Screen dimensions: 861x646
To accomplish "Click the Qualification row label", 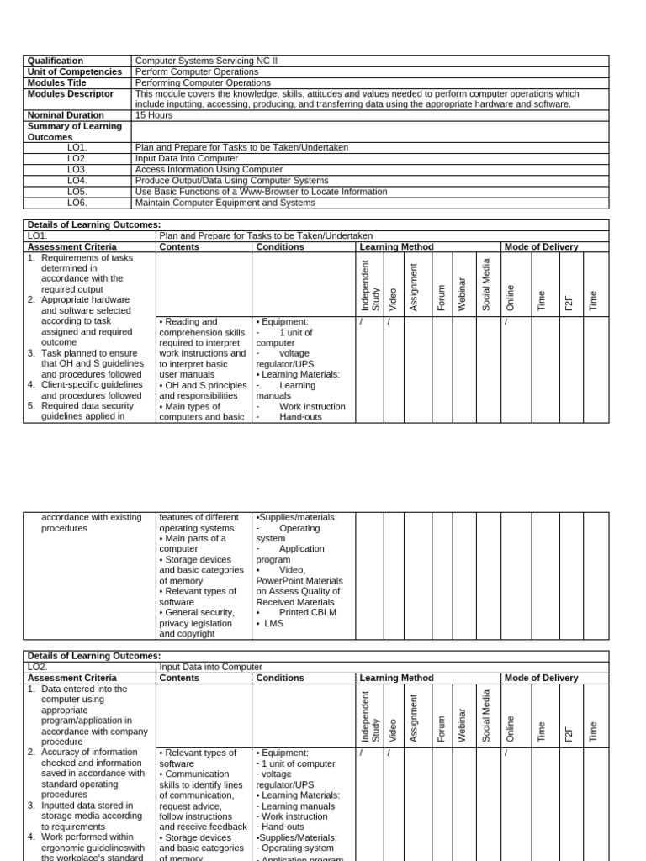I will tap(56, 61).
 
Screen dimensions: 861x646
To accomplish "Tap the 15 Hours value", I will tap(155, 115).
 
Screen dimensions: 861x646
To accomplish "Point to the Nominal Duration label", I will tap(66, 115).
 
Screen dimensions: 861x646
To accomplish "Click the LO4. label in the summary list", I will tap(77, 181).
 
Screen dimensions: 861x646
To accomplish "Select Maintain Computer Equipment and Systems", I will tap(225, 203).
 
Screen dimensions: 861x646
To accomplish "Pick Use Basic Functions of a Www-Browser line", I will tap(261, 192).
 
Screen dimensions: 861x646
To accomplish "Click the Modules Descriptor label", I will tap(70, 93).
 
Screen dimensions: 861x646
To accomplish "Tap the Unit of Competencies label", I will tap(74, 71).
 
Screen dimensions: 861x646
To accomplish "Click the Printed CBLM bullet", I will tap(307, 613).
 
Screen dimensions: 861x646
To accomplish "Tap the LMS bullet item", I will tap(273, 624).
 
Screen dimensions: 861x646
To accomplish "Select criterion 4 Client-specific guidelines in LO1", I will tap(86, 390).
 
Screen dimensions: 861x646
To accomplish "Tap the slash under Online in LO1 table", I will tap(506, 322).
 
